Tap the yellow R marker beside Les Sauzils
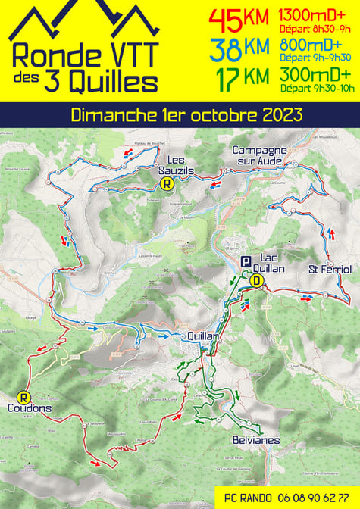[x=168, y=183]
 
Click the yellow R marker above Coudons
[x=23, y=396]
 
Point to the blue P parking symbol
[x=246, y=261]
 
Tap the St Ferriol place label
[x=329, y=270]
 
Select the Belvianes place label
[x=256, y=439]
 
